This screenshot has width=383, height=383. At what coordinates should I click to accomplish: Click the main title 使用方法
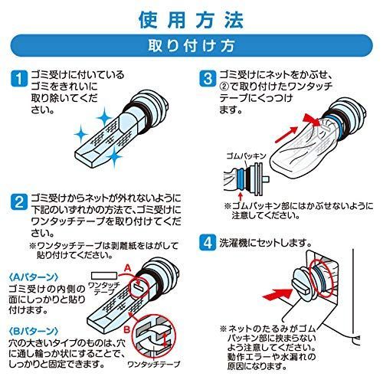point(191,20)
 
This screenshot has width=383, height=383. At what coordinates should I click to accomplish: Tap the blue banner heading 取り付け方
point(191,46)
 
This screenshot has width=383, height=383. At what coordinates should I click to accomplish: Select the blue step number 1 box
point(19,79)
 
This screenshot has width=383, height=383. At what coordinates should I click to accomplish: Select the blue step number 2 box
point(19,202)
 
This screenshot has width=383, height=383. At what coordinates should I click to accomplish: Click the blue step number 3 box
point(208,79)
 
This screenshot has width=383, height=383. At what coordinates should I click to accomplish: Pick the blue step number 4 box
point(208,243)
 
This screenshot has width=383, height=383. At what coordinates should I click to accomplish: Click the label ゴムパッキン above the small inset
point(246,155)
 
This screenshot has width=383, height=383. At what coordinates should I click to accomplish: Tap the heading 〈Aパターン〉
point(34,277)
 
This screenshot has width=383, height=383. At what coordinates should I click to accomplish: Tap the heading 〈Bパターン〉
point(34,331)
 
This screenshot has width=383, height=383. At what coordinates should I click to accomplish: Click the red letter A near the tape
point(128,268)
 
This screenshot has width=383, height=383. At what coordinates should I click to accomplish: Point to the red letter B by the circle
point(127,329)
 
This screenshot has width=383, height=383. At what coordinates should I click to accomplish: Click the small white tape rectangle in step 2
point(104,276)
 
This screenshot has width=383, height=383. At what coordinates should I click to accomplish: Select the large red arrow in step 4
point(277,295)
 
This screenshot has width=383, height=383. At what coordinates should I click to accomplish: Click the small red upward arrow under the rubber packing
point(240,197)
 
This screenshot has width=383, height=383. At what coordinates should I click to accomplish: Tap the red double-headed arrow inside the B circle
point(165,339)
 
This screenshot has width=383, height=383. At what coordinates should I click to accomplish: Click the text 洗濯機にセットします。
point(265,243)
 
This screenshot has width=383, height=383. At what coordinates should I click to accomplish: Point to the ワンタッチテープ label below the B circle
point(153,364)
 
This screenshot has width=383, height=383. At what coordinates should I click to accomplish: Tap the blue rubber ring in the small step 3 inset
point(241,178)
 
